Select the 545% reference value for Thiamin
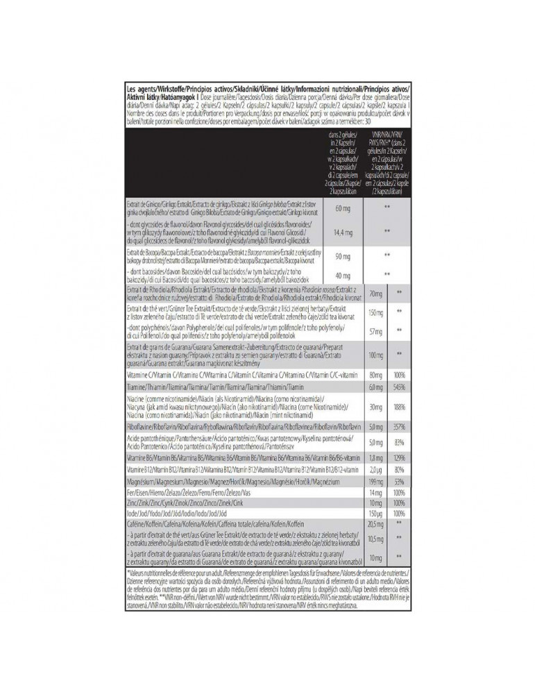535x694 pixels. coord(399,387)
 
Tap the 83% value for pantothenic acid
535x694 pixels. coord(399,442)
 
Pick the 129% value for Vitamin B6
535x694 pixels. coord(399,459)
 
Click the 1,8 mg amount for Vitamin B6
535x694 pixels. coord(376,459)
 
